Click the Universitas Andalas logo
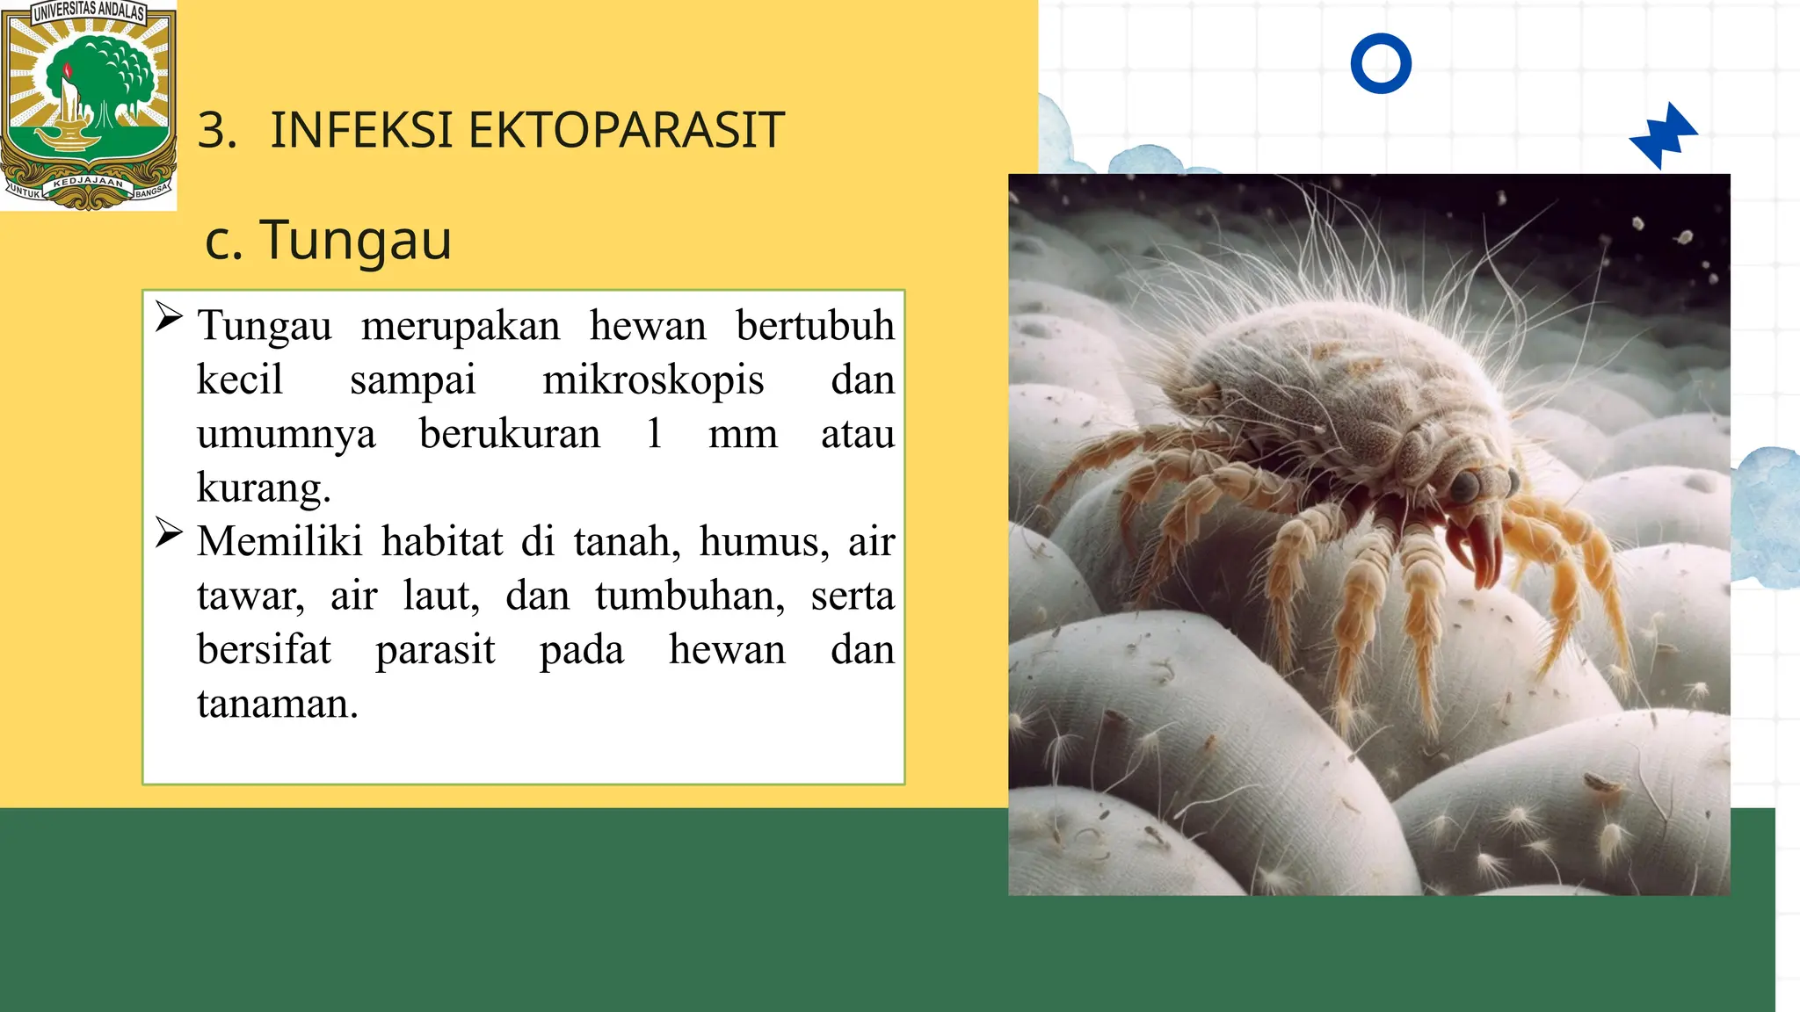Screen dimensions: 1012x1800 pos(88,105)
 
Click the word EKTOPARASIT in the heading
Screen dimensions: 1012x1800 pos(626,131)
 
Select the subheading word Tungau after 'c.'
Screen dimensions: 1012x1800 pos(356,240)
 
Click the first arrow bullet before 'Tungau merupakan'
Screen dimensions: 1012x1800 pos(169,317)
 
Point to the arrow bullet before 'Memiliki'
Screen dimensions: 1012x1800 pos(169,532)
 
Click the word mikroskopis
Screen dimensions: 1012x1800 pos(653,379)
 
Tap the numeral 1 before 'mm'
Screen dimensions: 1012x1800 pos(654,433)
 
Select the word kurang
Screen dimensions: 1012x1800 pos(263,488)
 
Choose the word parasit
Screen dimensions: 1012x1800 pos(435,650)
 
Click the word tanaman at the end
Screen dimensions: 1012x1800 pos(277,704)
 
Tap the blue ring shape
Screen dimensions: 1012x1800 pos(1381,63)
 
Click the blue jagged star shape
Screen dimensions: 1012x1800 pos(1664,136)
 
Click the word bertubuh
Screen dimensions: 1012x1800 pos(815,326)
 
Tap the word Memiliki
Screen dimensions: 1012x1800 pos(279,541)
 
